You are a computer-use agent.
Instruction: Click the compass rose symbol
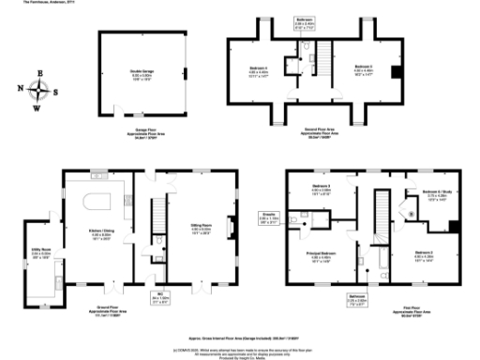coord(40,91)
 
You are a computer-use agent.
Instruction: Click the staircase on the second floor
coord(314,65)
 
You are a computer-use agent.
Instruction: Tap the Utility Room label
coord(40,252)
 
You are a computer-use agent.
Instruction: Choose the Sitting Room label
coord(201,225)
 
